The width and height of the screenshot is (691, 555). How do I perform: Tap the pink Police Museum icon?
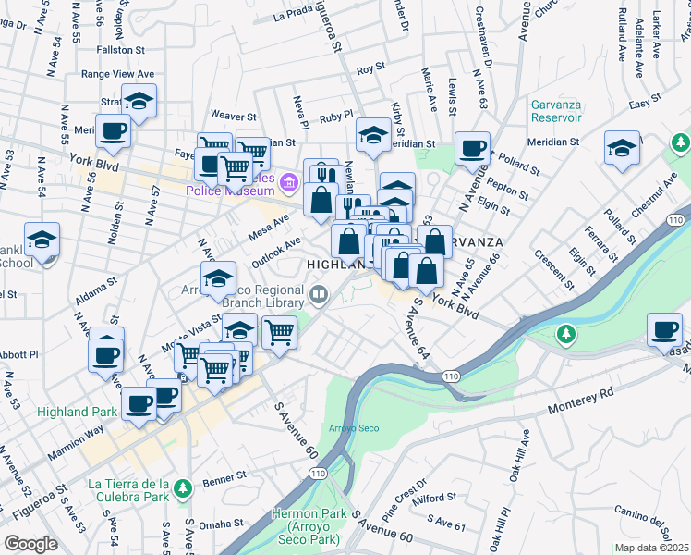(288, 182)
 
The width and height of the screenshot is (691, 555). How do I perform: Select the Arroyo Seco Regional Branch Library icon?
(319, 295)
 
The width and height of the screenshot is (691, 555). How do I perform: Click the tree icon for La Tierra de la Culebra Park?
(183, 487)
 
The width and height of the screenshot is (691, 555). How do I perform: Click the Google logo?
(30, 544)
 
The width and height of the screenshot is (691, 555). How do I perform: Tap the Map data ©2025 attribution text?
(651, 548)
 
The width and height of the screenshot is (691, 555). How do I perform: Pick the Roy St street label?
(370, 68)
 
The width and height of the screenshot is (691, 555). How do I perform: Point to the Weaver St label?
(233, 117)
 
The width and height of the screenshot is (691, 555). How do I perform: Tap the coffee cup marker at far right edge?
(664, 330)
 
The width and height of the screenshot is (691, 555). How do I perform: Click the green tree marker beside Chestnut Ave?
(681, 143)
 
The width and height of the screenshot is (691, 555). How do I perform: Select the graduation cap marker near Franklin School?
(42, 240)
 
